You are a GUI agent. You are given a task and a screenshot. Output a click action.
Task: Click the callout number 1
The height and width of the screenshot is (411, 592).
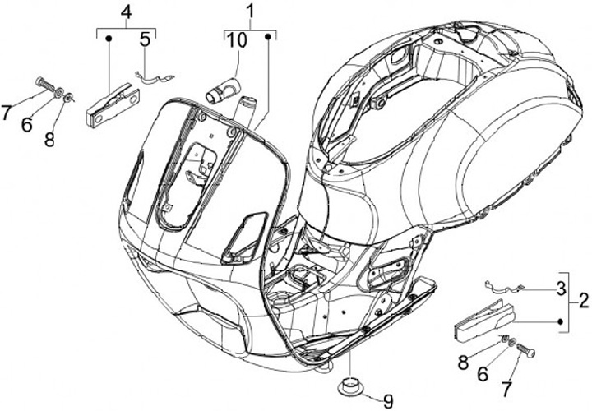click(250, 12)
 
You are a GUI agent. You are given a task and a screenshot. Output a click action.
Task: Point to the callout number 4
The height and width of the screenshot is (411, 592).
click(125, 12)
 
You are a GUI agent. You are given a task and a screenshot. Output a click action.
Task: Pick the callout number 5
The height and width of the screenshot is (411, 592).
click(145, 38)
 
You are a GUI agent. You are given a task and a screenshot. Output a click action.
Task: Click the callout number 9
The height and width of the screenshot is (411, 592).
click(387, 401)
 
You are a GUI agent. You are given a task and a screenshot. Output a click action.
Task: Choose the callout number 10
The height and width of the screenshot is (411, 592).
click(236, 40)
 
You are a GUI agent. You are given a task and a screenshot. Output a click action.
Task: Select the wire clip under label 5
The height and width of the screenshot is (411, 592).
click(153, 76)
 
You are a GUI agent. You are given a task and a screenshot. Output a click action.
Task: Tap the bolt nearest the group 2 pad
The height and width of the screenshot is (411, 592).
click(527, 352)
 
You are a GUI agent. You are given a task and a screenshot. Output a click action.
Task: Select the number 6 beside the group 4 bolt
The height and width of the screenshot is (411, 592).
click(25, 124)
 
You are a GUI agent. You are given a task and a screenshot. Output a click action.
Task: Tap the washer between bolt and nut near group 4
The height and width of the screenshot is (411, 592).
click(60, 92)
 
